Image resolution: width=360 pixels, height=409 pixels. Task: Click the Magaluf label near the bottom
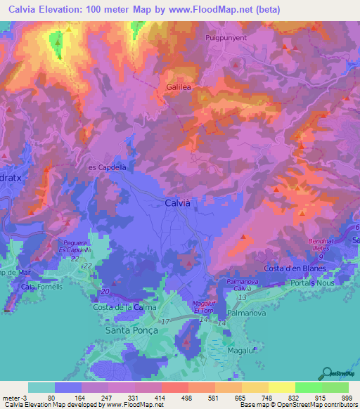(241, 349)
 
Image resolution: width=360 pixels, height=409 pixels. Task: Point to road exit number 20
(105, 291)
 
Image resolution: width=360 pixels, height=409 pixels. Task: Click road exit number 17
(165, 321)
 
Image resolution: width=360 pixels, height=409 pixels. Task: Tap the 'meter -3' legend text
(13, 398)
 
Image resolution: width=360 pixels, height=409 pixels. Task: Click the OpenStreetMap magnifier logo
(326, 373)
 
